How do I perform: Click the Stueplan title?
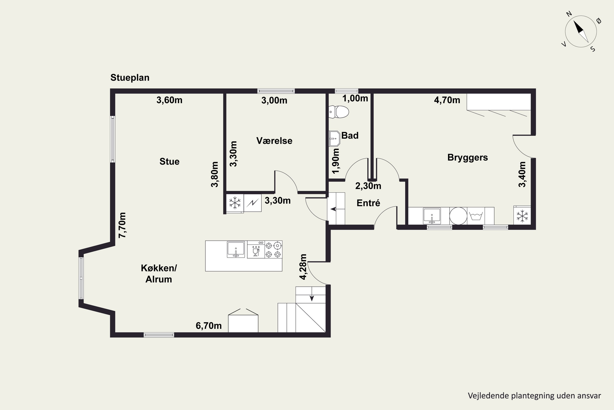(130, 78)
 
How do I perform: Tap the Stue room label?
(169, 162)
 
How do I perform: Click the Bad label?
(350, 136)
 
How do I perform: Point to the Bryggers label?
(467, 157)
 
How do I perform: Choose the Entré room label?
(368, 203)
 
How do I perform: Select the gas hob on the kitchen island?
(273, 250)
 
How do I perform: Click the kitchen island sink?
(236, 249)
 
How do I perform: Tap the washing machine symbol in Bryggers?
(476, 216)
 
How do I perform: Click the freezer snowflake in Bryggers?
(522, 216)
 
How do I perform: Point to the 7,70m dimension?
(122, 225)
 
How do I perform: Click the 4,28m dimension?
(303, 267)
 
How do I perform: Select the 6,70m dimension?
(209, 326)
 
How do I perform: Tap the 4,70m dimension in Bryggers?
(447, 100)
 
